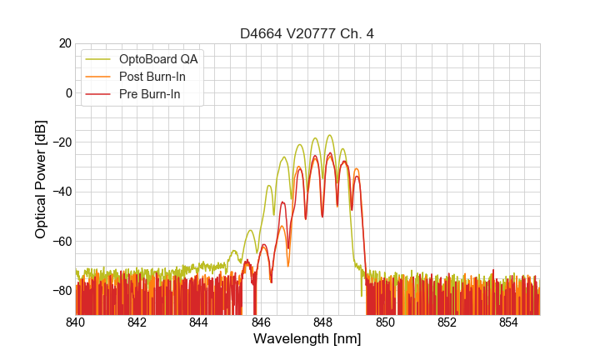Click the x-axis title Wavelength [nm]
pyautogui.click(x=307, y=339)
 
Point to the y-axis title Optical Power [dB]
pyautogui.click(x=41, y=179)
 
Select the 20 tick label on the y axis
pyautogui.click(x=64, y=43)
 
